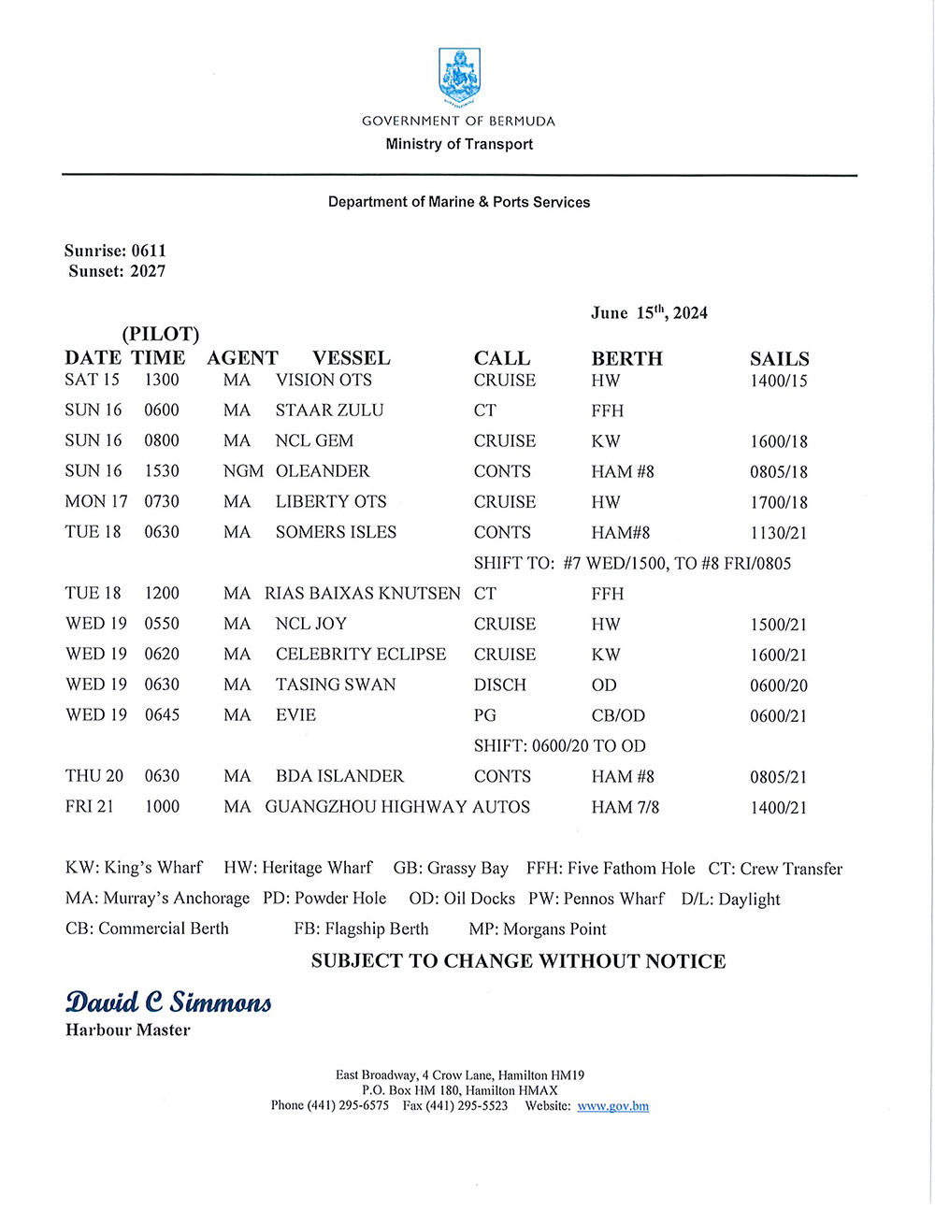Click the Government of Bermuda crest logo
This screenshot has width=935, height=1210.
pyautogui.click(x=458, y=77)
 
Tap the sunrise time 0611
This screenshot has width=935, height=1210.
pyautogui.click(x=149, y=251)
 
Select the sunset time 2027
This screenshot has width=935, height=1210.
pyautogui.click(x=148, y=271)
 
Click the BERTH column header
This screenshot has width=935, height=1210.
pyautogui.click(x=626, y=359)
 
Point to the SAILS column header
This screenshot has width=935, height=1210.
pyautogui.click(x=779, y=359)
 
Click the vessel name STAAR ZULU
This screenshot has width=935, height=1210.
pyautogui.click(x=329, y=411)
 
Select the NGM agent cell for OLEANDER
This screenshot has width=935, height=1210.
pyautogui.click(x=243, y=471)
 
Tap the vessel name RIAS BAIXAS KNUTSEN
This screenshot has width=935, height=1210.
pyautogui.click(x=362, y=594)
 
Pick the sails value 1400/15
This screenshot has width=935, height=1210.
pyautogui.click(x=778, y=381)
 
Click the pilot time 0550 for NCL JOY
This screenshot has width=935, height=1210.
pyautogui.click(x=162, y=624)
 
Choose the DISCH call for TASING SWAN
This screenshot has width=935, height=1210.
pyautogui.click(x=500, y=685)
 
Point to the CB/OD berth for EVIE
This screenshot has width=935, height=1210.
pyautogui.click(x=618, y=716)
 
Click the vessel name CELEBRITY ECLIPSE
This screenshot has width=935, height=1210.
pyautogui.click(x=361, y=655)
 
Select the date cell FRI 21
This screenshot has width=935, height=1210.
pyautogui.click(x=90, y=807)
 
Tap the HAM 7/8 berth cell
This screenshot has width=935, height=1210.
pyautogui.click(x=625, y=807)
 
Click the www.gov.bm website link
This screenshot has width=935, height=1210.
pyautogui.click(x=612, y=1106)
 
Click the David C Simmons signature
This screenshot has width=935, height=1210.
pyautogui.click(x=168, y=1002)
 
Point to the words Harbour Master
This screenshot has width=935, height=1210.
pyautogui.click(x=128, y=1030)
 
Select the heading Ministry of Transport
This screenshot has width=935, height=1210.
pyautogui.click(x=459, y=144)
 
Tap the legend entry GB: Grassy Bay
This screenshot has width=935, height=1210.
pyautogui.click(x=451, y=869)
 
